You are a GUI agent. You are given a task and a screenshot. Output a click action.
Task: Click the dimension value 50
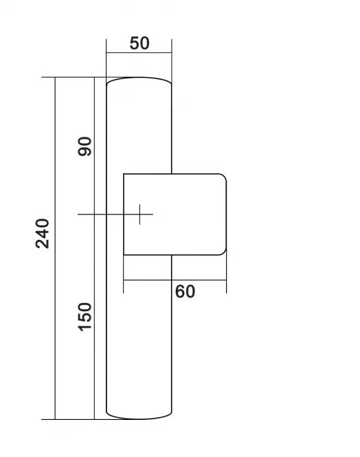(139, 43)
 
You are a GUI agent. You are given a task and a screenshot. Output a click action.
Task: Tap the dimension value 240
(43, 233)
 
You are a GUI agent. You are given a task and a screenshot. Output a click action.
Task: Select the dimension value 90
(85, 146)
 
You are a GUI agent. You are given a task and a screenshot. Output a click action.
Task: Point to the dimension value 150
(85, 317)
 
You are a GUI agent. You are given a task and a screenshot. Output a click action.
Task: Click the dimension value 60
(185, 291)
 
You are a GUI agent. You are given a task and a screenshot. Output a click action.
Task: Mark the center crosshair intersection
(139, 214)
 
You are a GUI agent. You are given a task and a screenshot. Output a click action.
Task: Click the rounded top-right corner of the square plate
(223, 177)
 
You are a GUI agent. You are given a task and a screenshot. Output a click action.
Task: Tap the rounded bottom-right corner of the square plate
(223, 252)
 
